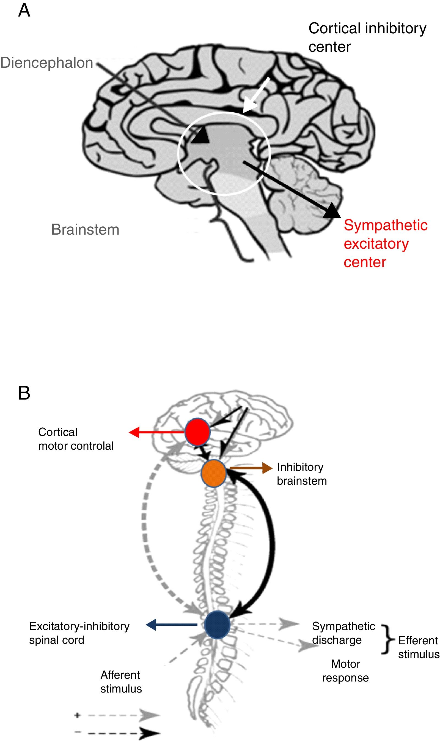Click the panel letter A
click(24, 11)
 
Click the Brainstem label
click(85, 229)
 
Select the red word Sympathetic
click(386, 225)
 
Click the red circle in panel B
click(197, 432)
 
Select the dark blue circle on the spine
click(217, 625)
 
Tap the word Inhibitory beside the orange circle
click(300, 467)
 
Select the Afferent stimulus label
click(121, 682)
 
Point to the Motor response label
click(345, 671)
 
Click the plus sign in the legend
click(77, 715)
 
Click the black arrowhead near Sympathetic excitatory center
click(331, 211)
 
